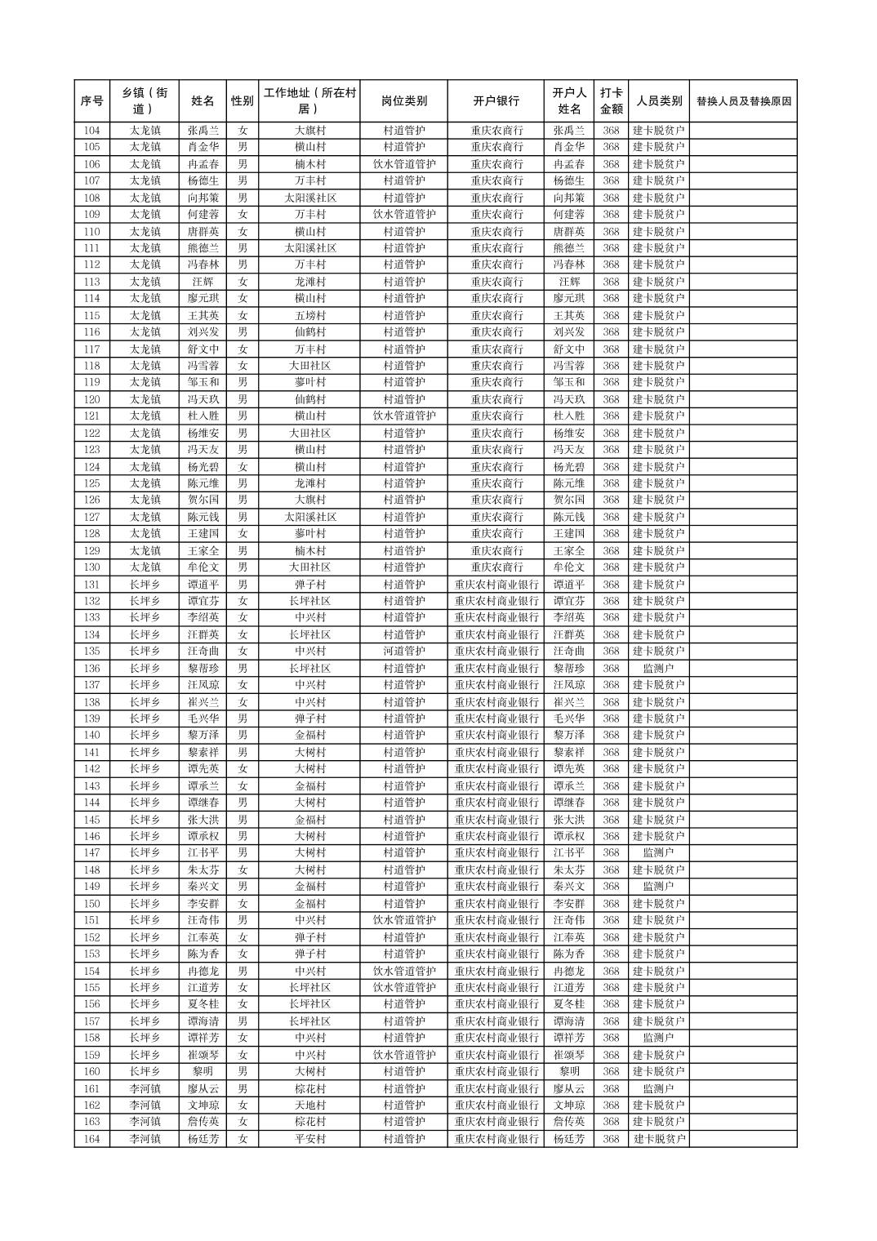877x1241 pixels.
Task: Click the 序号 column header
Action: [x=91, y=101]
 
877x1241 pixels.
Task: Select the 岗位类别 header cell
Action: [x=403, y=101]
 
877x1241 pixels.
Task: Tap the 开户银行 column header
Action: [x=496, y=101]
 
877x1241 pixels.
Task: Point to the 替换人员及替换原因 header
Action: [x=743, y=101]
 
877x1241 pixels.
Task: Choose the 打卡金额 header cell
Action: [x=611, y=101]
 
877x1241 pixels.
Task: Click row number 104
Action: [x=91, y=131]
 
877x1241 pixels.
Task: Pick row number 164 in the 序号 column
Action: [x=91, y=1139]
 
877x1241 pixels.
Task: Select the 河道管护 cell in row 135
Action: [x=403, y=652]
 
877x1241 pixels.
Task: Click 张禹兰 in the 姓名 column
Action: [x=203, y=131]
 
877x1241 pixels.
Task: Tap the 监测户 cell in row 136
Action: [x=658, y=669]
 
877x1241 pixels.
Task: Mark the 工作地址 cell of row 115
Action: [x=309, y=315]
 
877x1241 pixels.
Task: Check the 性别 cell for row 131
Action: [x=242, y=585]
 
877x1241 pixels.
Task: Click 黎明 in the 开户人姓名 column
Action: [x=568, y=1071]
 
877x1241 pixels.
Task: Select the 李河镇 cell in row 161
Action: [x=145, y=1088]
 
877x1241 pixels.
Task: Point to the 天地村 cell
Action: [x=309, y=1105]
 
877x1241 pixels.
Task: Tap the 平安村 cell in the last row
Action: [x=309, y=1139]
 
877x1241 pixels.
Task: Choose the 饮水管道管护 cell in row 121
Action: [x=403, y=416]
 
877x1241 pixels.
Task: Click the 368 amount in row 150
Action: [x=611, y=904]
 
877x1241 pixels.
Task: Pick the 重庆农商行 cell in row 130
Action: [x=496, y=567]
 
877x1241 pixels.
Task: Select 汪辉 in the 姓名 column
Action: [x=203, y=282]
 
